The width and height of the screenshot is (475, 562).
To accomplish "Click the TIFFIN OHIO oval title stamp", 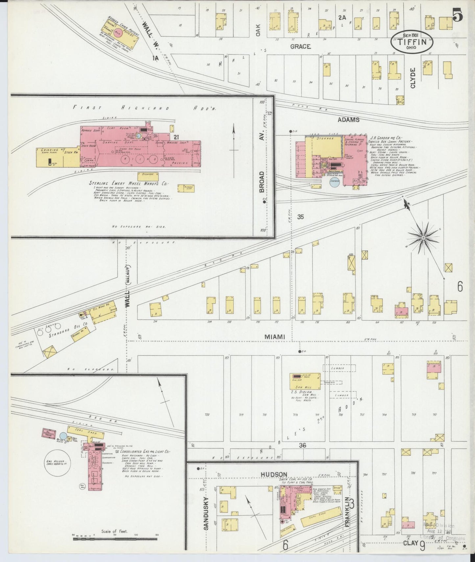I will pos(412,42).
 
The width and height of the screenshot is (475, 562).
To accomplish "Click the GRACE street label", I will pos(300,47).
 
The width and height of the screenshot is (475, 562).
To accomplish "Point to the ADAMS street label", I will pos(348,120).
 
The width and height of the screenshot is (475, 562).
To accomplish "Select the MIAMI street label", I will pos(274,337).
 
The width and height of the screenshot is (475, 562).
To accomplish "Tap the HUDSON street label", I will pos(274,474).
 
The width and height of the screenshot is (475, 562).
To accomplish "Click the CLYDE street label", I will pos(413,78).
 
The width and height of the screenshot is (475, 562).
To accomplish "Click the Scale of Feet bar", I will pos(115,539).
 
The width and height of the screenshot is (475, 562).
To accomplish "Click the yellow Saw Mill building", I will pos(305,381).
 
